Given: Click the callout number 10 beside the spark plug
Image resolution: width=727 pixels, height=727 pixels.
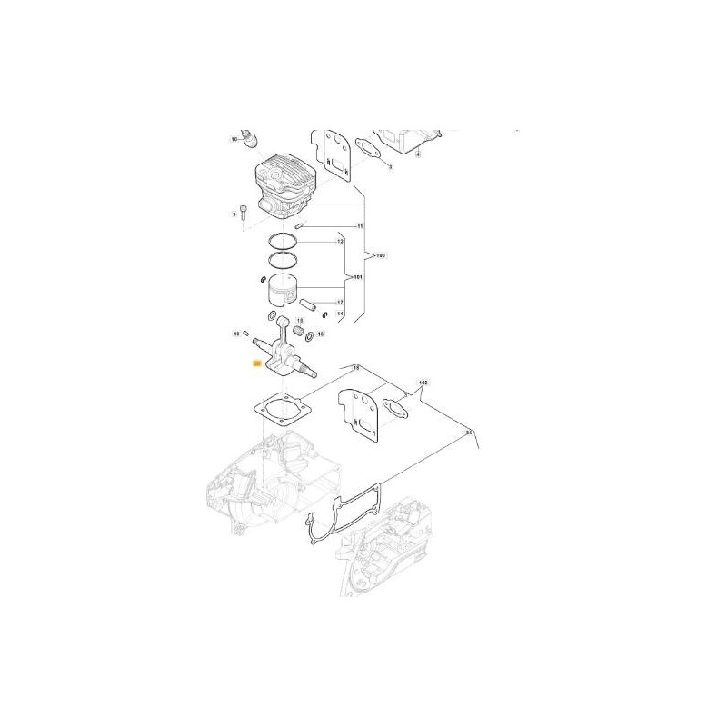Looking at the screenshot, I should (234, 140).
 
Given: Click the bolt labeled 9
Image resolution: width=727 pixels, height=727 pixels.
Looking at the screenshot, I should (244, 214).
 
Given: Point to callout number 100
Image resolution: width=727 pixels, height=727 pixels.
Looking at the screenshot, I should (380, 255).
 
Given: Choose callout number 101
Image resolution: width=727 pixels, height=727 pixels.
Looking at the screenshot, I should (357, 276).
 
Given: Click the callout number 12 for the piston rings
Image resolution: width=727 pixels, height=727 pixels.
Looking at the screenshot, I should (340, 243).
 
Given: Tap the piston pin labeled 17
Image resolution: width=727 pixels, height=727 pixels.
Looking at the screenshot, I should (307, 301).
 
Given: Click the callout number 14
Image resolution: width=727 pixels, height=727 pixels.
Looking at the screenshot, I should (340, 314).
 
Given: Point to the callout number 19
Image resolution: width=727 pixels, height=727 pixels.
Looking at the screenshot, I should (235, 334).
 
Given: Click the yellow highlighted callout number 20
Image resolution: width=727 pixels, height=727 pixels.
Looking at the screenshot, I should (257, 363).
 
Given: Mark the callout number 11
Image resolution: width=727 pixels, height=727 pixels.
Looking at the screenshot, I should (359, 226).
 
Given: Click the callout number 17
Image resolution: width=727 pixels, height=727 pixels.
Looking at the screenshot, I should (340, 302).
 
